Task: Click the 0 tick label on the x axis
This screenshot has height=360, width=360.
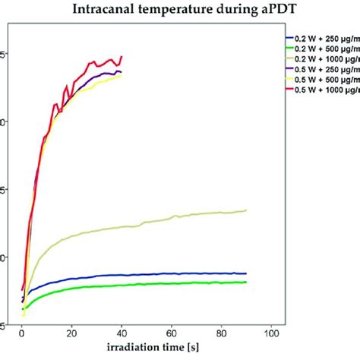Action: point(22,333)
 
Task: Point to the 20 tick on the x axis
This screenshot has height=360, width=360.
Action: point(71,333)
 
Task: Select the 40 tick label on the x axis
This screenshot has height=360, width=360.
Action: point(122,333)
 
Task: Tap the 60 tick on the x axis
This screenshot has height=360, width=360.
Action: point(172,333)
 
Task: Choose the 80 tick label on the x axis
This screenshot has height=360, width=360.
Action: point(222,333)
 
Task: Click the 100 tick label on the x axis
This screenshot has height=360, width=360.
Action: point(271,333)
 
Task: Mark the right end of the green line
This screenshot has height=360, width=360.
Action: point(246,282)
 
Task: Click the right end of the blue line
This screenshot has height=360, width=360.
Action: point(246,273)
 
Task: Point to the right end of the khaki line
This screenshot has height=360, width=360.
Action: point(246,210)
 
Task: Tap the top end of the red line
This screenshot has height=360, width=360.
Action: point(122,56)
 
